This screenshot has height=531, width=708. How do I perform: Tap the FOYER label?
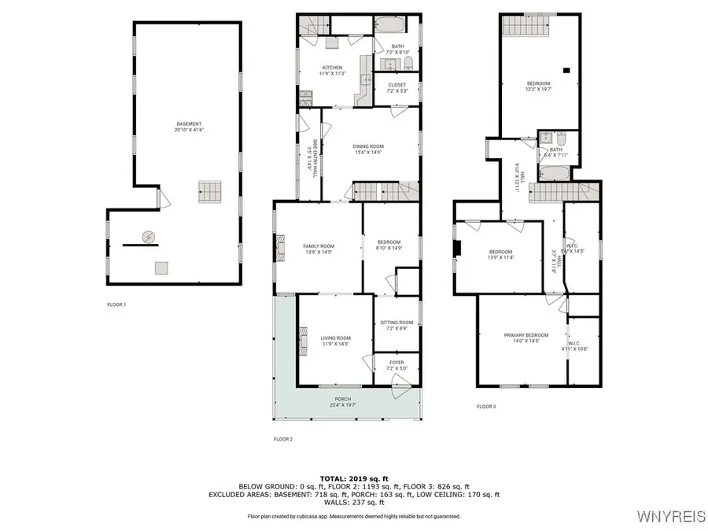point(396,364)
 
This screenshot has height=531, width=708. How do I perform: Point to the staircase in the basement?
point(210,190)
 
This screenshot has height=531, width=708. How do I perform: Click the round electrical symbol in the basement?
point(148,236)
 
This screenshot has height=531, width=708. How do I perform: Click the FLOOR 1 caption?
point(116,304)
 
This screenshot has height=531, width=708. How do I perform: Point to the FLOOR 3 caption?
point(486,407)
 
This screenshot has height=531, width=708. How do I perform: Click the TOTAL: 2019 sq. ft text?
point(354,478)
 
